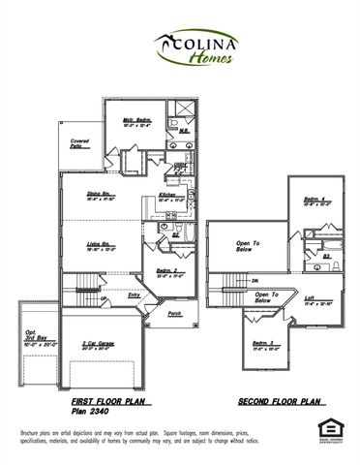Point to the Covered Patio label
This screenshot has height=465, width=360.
pyautogui.click(x=80, y=144)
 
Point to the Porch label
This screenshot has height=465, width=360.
pyautogui.click(x=174, y=314)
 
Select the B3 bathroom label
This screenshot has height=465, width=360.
pyautogui.click(x=327, y=256)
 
